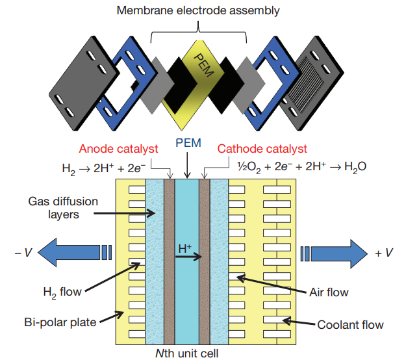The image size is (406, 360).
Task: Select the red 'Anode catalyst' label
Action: coord(118,149)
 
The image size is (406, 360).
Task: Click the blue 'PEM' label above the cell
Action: coord(188,142)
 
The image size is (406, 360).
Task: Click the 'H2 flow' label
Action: coord(62,292)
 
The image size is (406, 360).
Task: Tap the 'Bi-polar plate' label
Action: coord(57,320)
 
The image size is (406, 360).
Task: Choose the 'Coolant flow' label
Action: coord(350,324)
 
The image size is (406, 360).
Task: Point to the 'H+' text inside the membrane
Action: coord(184,248)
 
